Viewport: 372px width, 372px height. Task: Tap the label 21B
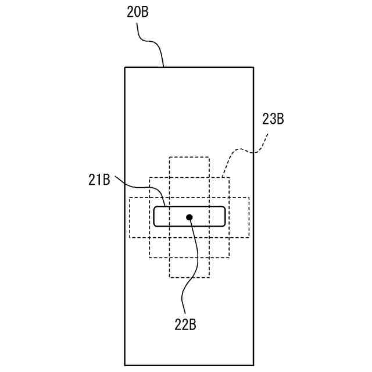(x=99, y=180)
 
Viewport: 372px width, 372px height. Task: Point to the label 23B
(x=273, y=120)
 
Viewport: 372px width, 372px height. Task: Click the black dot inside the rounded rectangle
(x=189, y=217)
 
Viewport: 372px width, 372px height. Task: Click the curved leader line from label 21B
(x=139, y=187)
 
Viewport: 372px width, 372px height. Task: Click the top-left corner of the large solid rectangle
(x=125, y=67)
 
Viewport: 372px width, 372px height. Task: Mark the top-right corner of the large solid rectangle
(x=253, y=67)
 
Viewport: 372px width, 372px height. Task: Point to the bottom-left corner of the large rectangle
(x=125, y=365)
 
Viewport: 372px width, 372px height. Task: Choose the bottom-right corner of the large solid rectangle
(x=253, y=365)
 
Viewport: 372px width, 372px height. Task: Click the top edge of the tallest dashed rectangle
(x=189, y=157)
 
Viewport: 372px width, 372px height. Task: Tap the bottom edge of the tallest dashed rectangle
(x=189, y=277)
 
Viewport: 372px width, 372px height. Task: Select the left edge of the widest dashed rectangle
(x=130, y=217)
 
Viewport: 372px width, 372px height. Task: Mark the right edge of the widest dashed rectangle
(x=249, y=217)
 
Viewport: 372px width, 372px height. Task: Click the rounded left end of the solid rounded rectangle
(x=154, y=216)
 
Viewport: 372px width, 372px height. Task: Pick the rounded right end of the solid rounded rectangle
(x=225, y=216)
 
